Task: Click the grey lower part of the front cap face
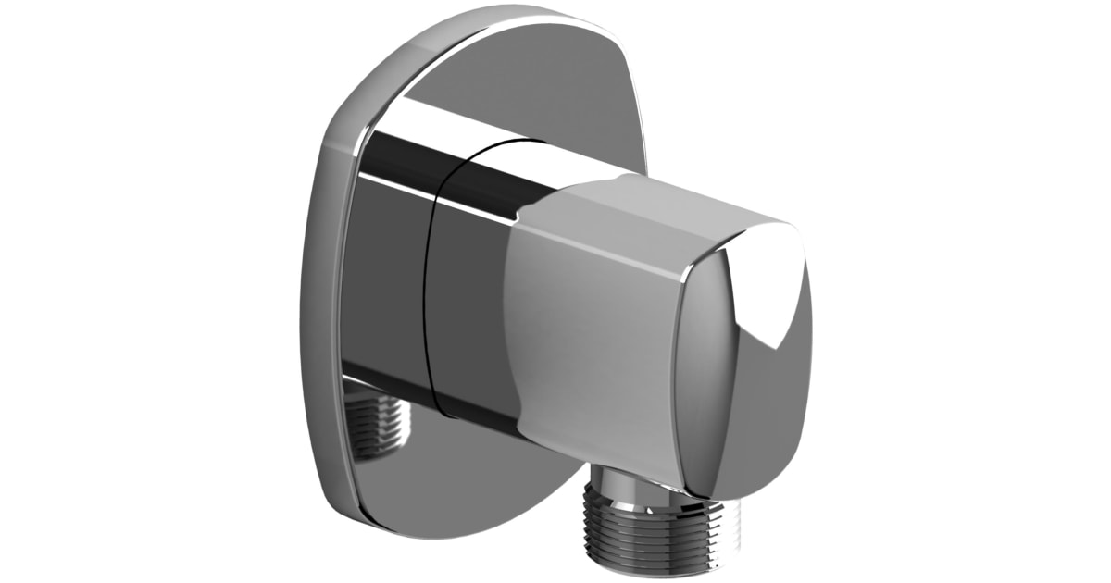(741, 416)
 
